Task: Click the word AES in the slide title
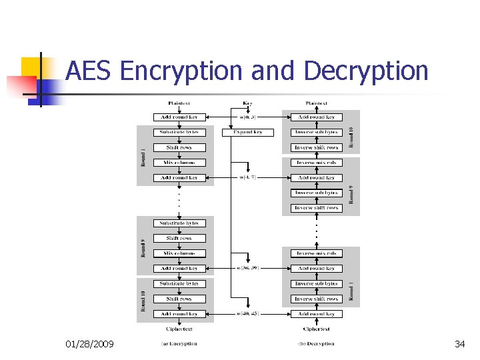(91, 71)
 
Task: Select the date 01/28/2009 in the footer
(89, 344)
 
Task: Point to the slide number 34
(459, 344)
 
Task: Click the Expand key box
(247, 132)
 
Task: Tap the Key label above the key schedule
(247, 103)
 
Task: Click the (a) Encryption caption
(179, 344)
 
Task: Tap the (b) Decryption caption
(316, 344)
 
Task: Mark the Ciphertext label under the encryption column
(179, 329)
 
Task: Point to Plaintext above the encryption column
(179, 103)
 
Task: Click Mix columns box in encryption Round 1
(179, 163)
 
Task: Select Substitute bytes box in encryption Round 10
(179, 284)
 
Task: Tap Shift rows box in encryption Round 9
(179, 238)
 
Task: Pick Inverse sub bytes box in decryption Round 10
(317, 132)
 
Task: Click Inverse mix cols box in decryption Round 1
(317, 253)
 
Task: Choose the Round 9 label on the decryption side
(353, 194)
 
